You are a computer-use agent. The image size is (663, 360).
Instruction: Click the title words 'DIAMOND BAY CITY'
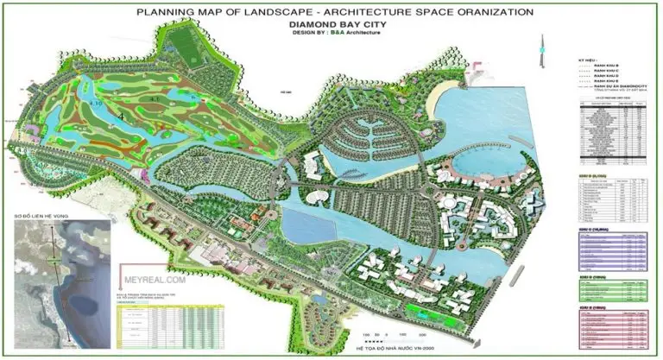(x=331, y=25)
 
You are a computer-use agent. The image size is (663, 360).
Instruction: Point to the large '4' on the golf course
(x=123, y=114)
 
